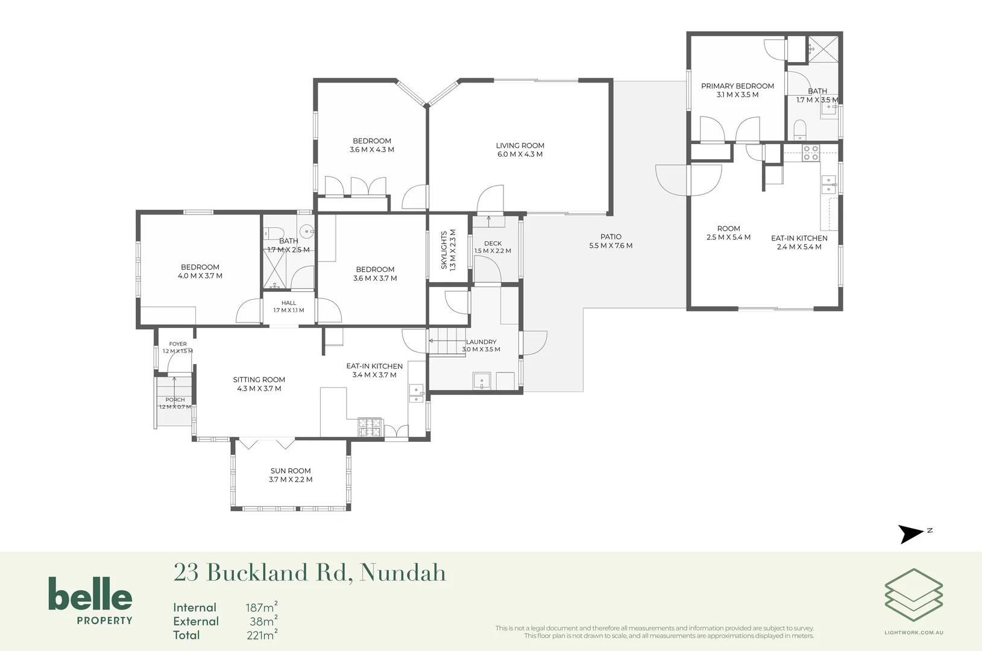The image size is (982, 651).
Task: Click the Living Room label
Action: coord(520,145)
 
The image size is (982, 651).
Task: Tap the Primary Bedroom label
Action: coord(737,86)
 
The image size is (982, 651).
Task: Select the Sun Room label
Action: coord(290,471)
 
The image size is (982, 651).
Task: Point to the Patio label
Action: coord(611,237)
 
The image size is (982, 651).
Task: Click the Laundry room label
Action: coord(481,342)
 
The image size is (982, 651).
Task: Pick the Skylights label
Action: coord(444,250)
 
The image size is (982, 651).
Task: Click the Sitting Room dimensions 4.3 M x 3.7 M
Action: coord(259,388)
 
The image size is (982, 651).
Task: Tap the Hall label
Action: coord(289,303)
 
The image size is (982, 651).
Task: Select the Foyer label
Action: coord(178,344)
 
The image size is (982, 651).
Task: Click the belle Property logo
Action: coord(90,600)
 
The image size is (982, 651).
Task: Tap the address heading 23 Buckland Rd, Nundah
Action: coord(309,573)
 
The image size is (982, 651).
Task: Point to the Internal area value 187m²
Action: coord(261,607)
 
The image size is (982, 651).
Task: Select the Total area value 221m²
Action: coord(262,635)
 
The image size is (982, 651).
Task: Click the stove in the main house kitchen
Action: coord(371,427)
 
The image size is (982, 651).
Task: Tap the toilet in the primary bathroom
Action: coord(800,130)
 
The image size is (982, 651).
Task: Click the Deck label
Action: coord(493,244)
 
